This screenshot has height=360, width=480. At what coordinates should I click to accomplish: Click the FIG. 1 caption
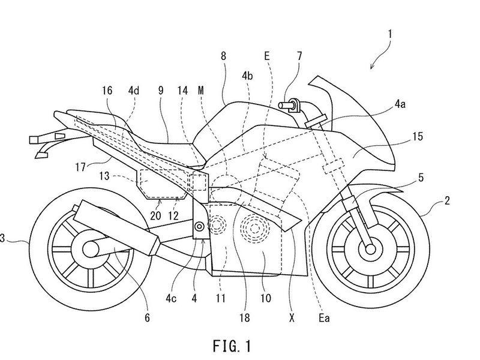click(x=232, y=346)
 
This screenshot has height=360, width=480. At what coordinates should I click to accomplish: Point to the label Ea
click(x=324, y=319)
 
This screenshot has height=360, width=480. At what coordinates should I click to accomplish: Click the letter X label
click(x=292, y=319)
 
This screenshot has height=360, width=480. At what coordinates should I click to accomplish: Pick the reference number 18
click(x=245, y=318)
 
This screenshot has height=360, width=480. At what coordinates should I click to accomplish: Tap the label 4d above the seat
click(x=133, y=91)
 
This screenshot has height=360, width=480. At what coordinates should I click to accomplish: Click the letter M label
click(x=201, y=91)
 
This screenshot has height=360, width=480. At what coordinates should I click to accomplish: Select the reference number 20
click(x=155, y=215)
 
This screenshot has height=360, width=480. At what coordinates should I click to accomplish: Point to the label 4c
click(x=171, y=298)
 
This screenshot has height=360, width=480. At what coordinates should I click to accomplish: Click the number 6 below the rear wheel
click(x=147, y=318)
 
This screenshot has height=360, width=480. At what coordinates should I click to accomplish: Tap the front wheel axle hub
click(x=370, y=249)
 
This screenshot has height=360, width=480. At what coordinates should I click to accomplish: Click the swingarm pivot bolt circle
click(x=200, y=227)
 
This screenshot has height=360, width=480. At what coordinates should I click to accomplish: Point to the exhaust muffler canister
click(x=116, y=227)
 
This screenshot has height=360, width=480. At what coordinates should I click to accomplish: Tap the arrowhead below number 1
click(x=371, y=67)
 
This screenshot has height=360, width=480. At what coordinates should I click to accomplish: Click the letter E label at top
click(x=267, y=56)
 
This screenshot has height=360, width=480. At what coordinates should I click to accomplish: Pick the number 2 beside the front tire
click(x=447, y=201)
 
